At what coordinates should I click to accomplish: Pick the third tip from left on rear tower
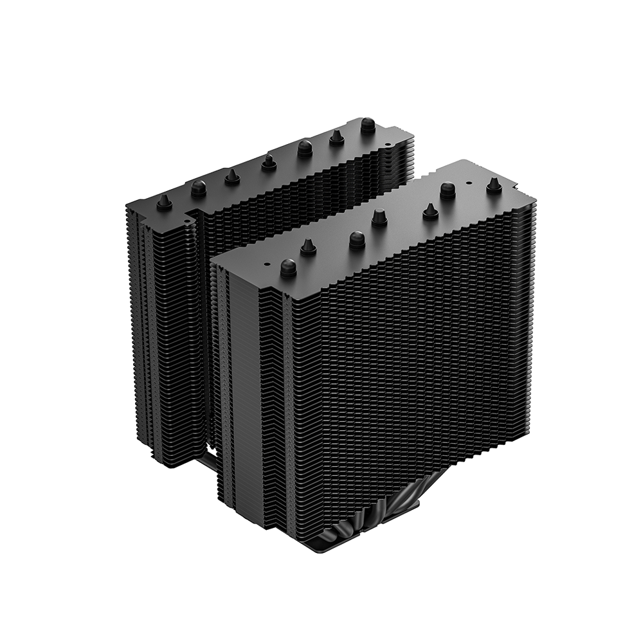point(232,176)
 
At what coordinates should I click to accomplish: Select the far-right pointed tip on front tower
point(494,185)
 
